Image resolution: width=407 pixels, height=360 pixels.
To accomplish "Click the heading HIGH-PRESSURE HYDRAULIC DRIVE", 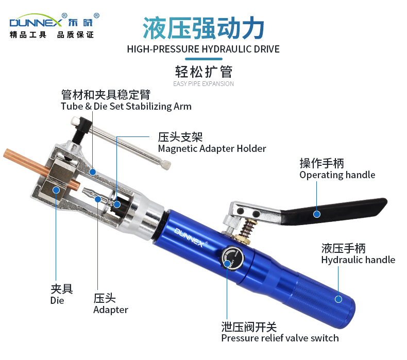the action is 203,49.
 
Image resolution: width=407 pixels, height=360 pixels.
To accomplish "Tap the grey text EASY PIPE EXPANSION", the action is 203,83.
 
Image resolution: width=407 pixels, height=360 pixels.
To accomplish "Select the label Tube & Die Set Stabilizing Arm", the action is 126,107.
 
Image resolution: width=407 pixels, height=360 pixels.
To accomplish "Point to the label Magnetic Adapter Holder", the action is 212,149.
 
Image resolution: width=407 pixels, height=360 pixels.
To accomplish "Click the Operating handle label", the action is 337,175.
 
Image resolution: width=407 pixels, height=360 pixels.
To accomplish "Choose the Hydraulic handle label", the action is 358,260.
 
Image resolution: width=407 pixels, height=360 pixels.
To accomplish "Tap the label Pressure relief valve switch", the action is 280,338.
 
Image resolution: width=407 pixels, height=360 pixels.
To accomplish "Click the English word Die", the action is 57,301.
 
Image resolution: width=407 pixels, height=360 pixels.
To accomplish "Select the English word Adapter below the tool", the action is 111,310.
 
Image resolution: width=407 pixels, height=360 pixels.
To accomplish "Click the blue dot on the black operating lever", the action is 317,214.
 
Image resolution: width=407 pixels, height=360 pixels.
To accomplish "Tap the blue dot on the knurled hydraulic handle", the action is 338,299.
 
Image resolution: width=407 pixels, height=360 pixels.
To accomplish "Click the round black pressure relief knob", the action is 232,258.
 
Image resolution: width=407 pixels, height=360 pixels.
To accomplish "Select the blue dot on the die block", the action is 56,190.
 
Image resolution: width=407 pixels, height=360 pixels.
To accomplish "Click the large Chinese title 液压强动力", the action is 203,28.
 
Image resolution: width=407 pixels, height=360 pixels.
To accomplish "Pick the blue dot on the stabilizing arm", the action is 93,172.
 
